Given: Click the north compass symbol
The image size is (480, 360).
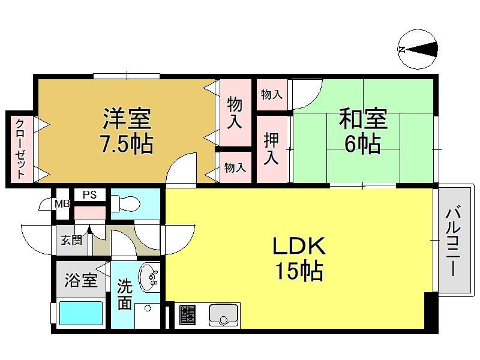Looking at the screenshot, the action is click(418, 49).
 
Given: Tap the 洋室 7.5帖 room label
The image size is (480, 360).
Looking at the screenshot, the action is click(127, 131).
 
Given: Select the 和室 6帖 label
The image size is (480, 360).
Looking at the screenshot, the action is click(363, 131).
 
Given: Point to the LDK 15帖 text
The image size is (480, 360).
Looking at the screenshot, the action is click(299, 259).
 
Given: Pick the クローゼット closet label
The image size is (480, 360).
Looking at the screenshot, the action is click(20, 149).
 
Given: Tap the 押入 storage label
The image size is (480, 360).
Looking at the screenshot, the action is click(271, 149).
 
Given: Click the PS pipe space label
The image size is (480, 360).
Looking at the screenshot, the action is click(89, 194).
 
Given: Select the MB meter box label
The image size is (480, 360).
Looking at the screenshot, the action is click(62, 204).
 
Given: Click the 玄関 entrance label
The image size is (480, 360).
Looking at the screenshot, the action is click(71, 240).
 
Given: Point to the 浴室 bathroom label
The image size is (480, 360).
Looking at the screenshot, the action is click(81, 280).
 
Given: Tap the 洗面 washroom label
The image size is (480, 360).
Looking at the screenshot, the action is click(125, 294).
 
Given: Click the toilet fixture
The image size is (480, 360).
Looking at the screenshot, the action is click(125, 203).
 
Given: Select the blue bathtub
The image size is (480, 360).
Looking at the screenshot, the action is click(81, 313).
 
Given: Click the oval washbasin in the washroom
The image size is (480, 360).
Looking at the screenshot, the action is click(149, 277).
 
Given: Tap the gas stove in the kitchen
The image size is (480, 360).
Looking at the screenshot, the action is click(188, 314).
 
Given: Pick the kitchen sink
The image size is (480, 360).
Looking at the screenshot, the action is click(223, 314).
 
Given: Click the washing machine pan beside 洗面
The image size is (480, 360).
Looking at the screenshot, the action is click(148, 316).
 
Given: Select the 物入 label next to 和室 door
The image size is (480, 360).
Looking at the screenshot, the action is click(272, 94).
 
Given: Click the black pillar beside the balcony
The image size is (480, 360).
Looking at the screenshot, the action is click(431, 310).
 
